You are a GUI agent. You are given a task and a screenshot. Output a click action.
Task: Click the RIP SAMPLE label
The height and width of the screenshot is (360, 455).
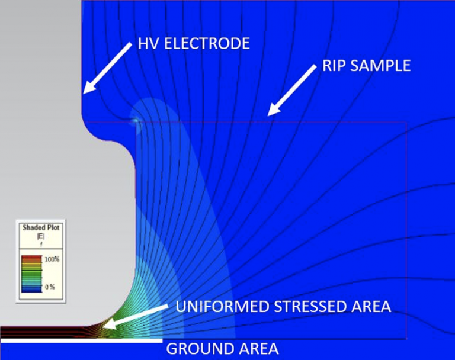366,65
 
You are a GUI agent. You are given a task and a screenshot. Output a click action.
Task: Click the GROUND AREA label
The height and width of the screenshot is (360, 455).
222,348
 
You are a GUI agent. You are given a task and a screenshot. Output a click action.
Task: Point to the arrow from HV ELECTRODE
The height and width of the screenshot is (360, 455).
107,67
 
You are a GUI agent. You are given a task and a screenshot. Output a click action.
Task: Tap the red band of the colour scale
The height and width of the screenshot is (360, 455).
31,259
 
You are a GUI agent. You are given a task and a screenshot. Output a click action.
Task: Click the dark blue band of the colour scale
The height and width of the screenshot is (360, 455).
31,288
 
